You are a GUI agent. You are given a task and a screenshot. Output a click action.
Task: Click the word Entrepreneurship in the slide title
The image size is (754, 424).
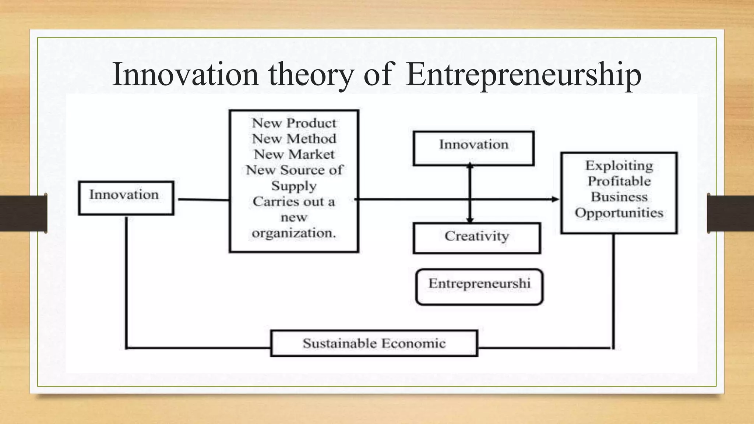pyautogui.click(x=524, y=75)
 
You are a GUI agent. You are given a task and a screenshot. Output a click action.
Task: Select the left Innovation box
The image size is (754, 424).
pyautogui.click(x=126, y=198)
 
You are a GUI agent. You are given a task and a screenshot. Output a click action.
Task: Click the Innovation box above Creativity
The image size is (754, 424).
pyautogui.click(x=473, y=148)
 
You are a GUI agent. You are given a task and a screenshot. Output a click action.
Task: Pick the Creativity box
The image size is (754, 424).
pyautogui.click(x=477, y=238)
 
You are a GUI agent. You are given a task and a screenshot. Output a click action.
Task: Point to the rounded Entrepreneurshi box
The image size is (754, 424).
pyautogui.click(x=479, y=287)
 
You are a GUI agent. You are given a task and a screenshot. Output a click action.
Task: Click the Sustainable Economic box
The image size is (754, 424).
pyautogui.click(x=374, y=343)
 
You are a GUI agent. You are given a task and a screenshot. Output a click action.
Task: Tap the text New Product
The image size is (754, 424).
pyautogui.click(x=294, y=123)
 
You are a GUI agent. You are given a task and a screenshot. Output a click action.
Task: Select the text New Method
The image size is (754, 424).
pyautogui.click(x=294, y=139)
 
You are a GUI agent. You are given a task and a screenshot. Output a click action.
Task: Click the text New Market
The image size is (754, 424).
pyautogui.click(x=294, y=154)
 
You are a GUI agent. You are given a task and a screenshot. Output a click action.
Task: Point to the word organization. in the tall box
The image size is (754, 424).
pyautogui.click(x=294, y=233)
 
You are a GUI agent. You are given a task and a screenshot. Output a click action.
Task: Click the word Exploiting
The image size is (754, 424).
pyautogui.click(x=619, y=166)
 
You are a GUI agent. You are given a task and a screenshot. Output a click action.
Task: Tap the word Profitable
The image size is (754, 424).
pyautogui.click(x=619, y=181)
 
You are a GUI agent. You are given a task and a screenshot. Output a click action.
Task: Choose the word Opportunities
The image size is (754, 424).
pyautogui.click(x=619, y=213)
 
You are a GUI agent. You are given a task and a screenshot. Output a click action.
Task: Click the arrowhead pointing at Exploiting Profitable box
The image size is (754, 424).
pyautogui.click(x=555, y=199)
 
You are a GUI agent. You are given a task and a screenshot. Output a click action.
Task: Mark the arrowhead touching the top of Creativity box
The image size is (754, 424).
pyautogui.click(x=470, y=220)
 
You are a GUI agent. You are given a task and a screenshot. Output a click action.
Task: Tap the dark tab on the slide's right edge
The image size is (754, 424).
pyautogui.click(x=730, y=213)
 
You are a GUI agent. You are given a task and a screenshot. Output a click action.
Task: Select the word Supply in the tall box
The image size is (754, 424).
pyautogui.click(x=294, y=186)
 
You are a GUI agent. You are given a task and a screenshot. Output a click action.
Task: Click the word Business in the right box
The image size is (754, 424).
pyautogui.click(x=619, y=197)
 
